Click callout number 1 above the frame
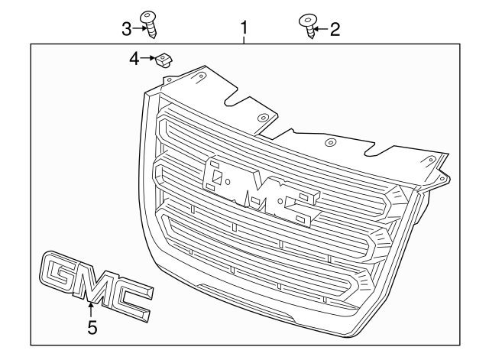tap(244, 30)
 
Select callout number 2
tap(334, 30)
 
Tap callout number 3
tap(127, 29)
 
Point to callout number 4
tap(134, 58)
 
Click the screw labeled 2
tap(308, 28)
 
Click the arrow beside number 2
tap(321, 30)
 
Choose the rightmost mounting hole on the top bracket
tap(432, 159)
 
